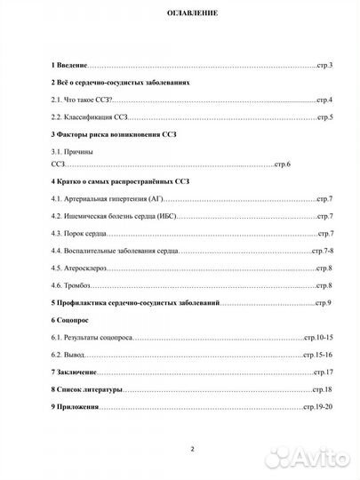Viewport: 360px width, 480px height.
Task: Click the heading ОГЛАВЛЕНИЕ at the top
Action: [x=180, y=15]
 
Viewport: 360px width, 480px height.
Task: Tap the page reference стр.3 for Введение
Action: [x=324, y=67]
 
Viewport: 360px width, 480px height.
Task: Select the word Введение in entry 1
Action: [x=74, y=67]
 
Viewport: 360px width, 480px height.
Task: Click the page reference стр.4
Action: [x=324, y=100]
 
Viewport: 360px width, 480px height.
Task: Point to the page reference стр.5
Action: [x=324, y=117]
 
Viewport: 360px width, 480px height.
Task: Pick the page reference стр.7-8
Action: [x=322, y=252]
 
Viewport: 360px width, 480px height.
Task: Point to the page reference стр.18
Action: [x=321, y=389]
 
